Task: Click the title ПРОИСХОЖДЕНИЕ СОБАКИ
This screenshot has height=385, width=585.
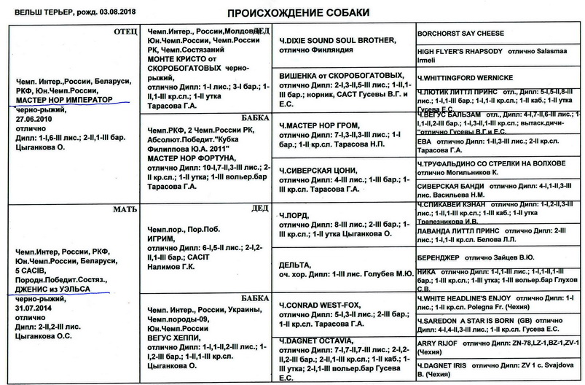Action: [x=293, y=13]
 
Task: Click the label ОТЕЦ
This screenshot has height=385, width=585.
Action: [x=115, y=32]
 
